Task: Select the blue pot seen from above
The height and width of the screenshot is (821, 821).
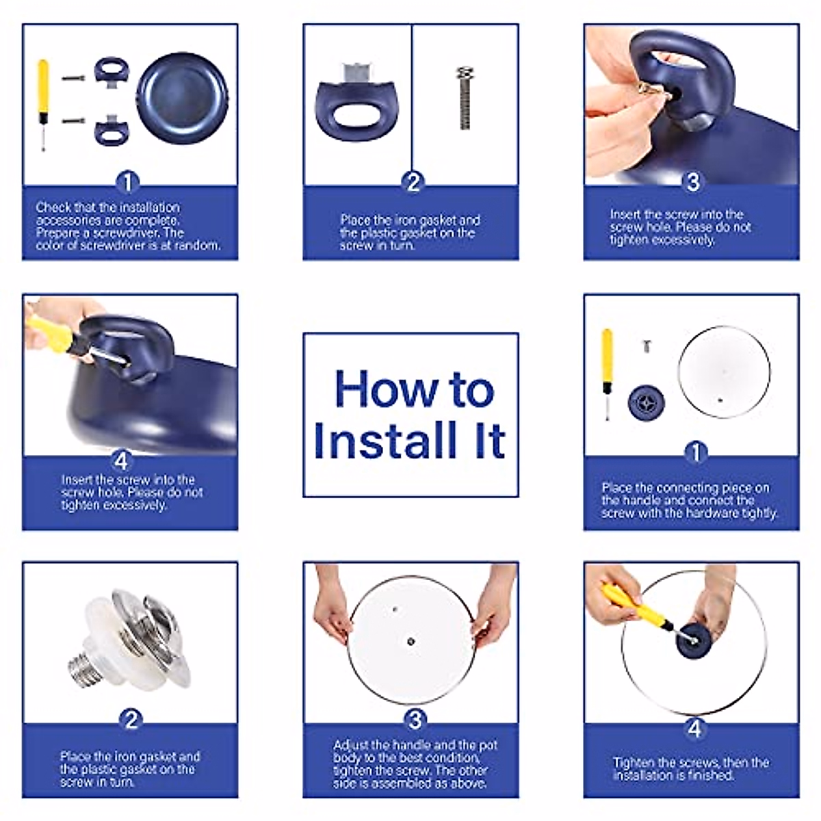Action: point(183,99)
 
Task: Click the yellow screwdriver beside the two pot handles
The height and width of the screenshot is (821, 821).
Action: point(43,105)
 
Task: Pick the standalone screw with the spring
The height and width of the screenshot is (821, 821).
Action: point(464,98)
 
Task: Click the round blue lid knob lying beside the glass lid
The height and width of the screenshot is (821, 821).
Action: point(646,402)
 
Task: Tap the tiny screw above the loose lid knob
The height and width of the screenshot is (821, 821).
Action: point(647,346)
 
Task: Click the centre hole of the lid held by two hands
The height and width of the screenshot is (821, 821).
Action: point(410,642)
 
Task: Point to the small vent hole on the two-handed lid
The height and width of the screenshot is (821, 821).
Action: point(395,610)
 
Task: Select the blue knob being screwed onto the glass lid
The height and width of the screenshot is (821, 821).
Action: point(694,642)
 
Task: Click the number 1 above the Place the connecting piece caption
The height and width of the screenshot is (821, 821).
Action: point(696,452)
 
